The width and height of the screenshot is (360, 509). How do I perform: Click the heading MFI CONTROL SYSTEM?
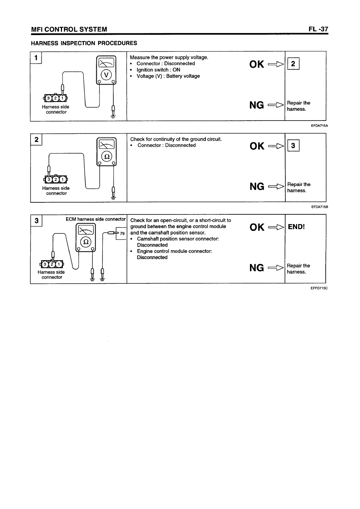[70, 29]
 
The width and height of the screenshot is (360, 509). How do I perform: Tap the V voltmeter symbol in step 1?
[106, 75]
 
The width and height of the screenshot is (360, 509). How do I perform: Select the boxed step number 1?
[36, 58]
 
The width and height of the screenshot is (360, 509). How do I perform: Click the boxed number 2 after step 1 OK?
[294, 64]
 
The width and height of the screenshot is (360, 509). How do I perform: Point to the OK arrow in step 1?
[276, 64]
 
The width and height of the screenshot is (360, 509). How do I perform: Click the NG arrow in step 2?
[276, 186]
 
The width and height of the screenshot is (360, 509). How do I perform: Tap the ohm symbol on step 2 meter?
[106, 157]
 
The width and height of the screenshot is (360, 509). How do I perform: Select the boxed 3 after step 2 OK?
[294, 146]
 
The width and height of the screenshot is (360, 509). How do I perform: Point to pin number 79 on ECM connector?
[123, 233]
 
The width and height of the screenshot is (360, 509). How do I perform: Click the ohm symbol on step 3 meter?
[85, 242]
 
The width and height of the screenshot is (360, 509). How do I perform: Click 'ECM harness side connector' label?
[96, 219]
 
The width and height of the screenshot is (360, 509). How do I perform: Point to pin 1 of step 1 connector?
[62, 98]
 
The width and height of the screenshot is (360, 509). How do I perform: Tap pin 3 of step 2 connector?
[49, 179]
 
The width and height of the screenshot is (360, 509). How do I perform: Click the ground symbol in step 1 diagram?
[113, 117]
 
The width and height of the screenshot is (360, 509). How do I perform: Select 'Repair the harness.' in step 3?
[298, 269]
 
